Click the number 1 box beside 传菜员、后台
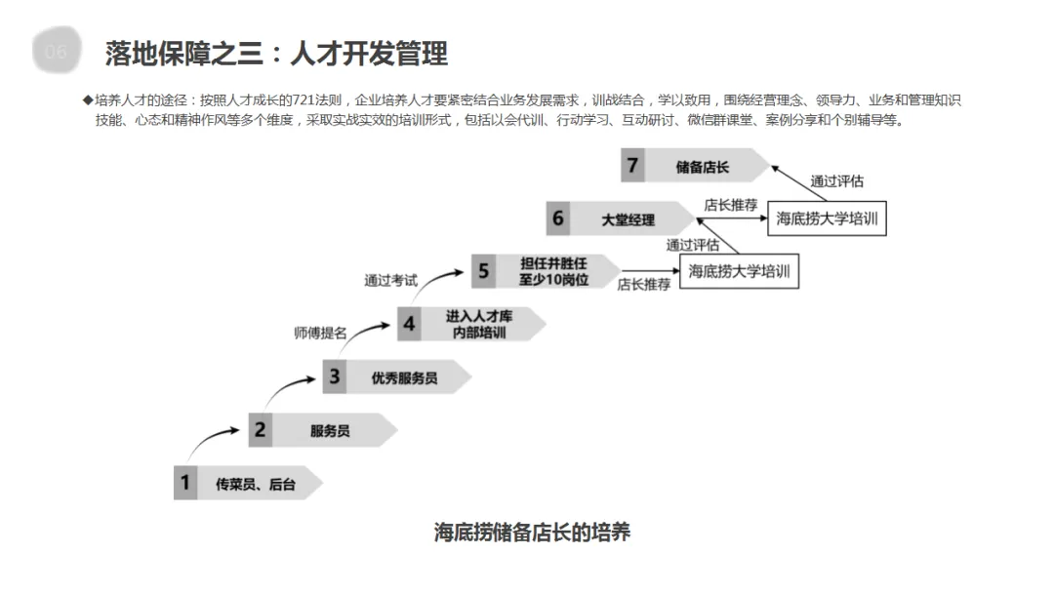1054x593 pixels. point(185,482)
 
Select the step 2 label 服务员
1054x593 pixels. point(330,430)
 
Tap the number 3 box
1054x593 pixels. point(335,376)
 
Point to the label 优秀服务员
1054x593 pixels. point(404,377)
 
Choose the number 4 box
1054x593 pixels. point(409,324)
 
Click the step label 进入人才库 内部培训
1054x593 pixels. point(477,324)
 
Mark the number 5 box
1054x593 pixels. point(483,270)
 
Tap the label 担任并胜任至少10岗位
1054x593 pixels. point(554,270)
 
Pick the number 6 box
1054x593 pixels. point(558,218)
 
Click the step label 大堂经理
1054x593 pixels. point(628,219)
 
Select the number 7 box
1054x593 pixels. point(632,165)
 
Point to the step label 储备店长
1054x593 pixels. point(703,167)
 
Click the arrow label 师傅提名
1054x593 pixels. point(320,333)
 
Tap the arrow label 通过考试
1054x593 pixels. point(391,281)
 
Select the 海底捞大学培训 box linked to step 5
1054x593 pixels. point(739,270)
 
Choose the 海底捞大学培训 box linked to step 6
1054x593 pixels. point(827,218)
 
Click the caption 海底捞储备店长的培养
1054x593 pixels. point(532,533)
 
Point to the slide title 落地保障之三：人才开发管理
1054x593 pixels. point(276,53)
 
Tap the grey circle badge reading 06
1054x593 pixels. point(56,52)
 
